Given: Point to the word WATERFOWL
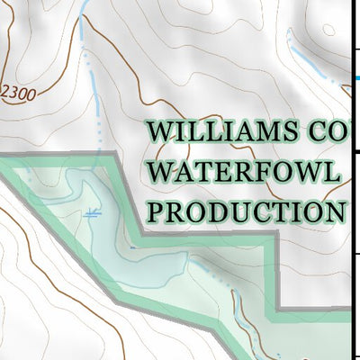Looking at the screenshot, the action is tap(244, 171).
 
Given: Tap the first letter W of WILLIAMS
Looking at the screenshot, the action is tap(160, 132).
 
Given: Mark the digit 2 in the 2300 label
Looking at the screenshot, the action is tap(7, 93).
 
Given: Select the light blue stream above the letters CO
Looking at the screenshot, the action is tap(306, 58).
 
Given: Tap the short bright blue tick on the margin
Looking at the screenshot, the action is tap(356, 78).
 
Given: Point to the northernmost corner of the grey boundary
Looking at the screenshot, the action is tap(115, 156).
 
